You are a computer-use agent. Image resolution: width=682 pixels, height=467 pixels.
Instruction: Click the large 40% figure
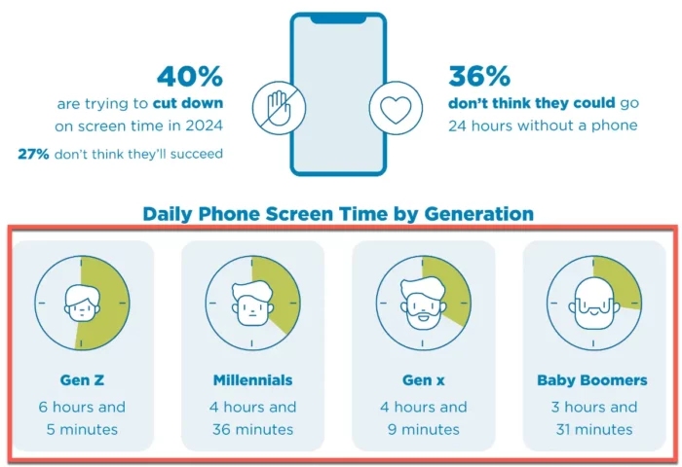[190, 75]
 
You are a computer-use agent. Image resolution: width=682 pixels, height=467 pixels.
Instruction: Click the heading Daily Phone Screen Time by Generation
[337, 214]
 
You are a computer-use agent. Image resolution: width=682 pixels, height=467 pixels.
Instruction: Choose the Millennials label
[252, 379]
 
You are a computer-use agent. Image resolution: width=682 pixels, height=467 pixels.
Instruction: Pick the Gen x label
[423, 379]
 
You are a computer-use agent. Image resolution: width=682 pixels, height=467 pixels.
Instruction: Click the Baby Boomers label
[592, 379]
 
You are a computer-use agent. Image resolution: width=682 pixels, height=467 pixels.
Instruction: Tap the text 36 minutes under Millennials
[252, 429]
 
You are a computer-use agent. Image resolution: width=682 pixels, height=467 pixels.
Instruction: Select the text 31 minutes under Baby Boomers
[592, 429]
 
